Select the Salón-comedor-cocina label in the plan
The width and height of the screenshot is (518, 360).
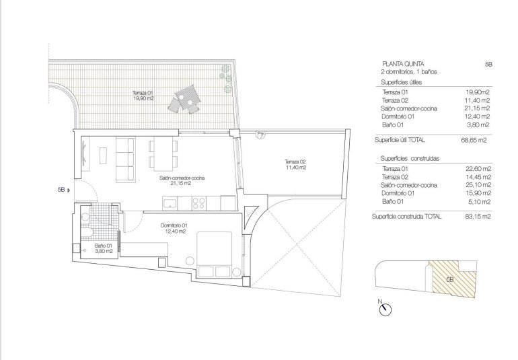[182, 180]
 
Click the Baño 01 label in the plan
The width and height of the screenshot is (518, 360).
[103, 249]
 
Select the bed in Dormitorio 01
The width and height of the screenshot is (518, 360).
[215, 255]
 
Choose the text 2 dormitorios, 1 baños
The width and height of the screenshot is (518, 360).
[408, 71]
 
